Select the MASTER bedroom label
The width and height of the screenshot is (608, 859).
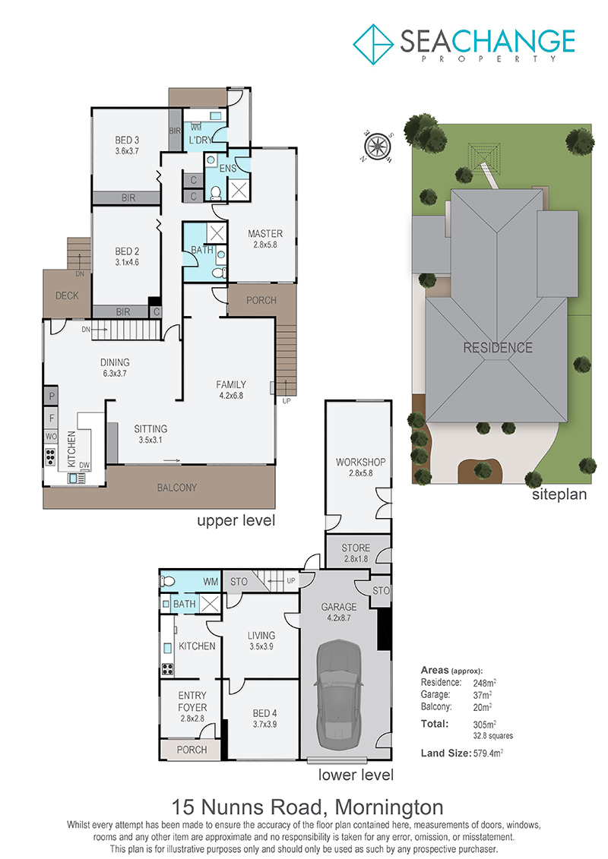265,234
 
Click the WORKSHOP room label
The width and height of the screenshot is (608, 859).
361,462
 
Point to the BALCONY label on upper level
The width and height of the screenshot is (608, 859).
176,488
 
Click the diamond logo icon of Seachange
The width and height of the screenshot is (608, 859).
373,44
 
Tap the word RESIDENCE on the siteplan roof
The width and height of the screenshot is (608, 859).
498,348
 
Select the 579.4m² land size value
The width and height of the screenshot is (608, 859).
488,753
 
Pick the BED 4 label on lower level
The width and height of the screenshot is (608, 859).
264,713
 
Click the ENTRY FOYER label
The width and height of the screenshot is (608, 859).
192,701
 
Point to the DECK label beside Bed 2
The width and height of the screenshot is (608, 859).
67,296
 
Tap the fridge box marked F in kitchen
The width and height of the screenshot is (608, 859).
51,418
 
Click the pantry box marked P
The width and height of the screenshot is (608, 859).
51,396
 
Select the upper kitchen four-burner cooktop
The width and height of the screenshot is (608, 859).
50,456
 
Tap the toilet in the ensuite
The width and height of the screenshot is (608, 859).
216,192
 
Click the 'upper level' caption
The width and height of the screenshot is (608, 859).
236,520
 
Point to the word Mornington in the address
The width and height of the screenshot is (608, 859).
389,807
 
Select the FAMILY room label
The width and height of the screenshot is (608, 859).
231,384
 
